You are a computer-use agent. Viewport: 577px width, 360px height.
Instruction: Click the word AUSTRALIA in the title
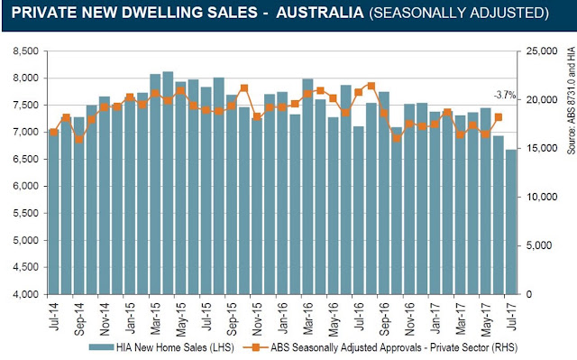[320, 14]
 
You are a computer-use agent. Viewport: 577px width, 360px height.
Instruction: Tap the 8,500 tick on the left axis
[25, 51]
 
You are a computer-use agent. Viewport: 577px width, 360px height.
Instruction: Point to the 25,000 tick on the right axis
[542, 51]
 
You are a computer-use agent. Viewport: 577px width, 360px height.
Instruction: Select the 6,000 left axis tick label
[25, 186]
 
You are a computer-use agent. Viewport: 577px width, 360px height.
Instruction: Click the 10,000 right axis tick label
[542, 198]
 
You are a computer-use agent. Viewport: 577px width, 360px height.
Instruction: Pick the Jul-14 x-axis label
[54, 316]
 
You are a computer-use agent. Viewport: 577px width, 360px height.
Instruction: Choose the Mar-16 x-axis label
[307, 318]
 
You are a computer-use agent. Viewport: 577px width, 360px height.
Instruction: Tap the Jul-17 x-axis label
[511, 316]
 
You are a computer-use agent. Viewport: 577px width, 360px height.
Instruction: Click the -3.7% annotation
[505, 96]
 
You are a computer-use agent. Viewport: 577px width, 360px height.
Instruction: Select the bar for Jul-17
[511, 222]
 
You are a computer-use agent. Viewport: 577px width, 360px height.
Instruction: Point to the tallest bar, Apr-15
[169, 183]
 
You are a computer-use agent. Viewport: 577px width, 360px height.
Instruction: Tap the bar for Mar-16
[307, 187]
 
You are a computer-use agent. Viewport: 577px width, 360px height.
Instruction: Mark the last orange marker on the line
[499, 117]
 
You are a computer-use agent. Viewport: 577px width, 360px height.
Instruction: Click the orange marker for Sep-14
[79, 140]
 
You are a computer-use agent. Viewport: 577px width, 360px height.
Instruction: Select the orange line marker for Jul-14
[54, 132]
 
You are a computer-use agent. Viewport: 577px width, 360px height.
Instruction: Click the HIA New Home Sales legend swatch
[101, 347]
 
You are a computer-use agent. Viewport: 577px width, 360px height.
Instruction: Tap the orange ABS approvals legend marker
[255, 347]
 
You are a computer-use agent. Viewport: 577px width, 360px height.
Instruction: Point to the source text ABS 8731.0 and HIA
[571, 100]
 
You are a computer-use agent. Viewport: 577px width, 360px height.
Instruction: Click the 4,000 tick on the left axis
[25, 294]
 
